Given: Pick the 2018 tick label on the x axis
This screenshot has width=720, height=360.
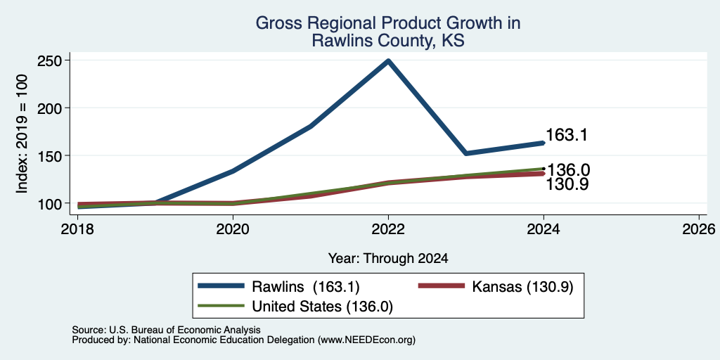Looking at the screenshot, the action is (x=78, y=229).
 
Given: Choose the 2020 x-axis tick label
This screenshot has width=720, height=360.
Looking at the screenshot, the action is (x=233, y=229).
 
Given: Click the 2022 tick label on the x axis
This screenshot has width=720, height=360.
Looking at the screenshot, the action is (x=388, y=229).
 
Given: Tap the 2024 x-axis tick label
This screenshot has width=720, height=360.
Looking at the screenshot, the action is (x=544, y=229).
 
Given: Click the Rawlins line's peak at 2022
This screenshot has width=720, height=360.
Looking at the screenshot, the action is (x=388, y=60).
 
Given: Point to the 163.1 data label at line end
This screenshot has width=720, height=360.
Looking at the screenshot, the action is (x=567, y=136).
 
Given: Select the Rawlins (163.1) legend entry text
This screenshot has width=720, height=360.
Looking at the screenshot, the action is (x=305, y=287).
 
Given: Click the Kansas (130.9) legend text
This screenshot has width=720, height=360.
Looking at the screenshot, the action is (x=522, y=287).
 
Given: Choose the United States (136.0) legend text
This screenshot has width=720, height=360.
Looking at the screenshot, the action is (x=322, y=307).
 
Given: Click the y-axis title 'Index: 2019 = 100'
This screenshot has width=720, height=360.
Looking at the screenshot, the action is (x=22, y=134).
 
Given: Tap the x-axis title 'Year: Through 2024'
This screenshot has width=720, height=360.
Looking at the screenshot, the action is (x=388, y=259).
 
